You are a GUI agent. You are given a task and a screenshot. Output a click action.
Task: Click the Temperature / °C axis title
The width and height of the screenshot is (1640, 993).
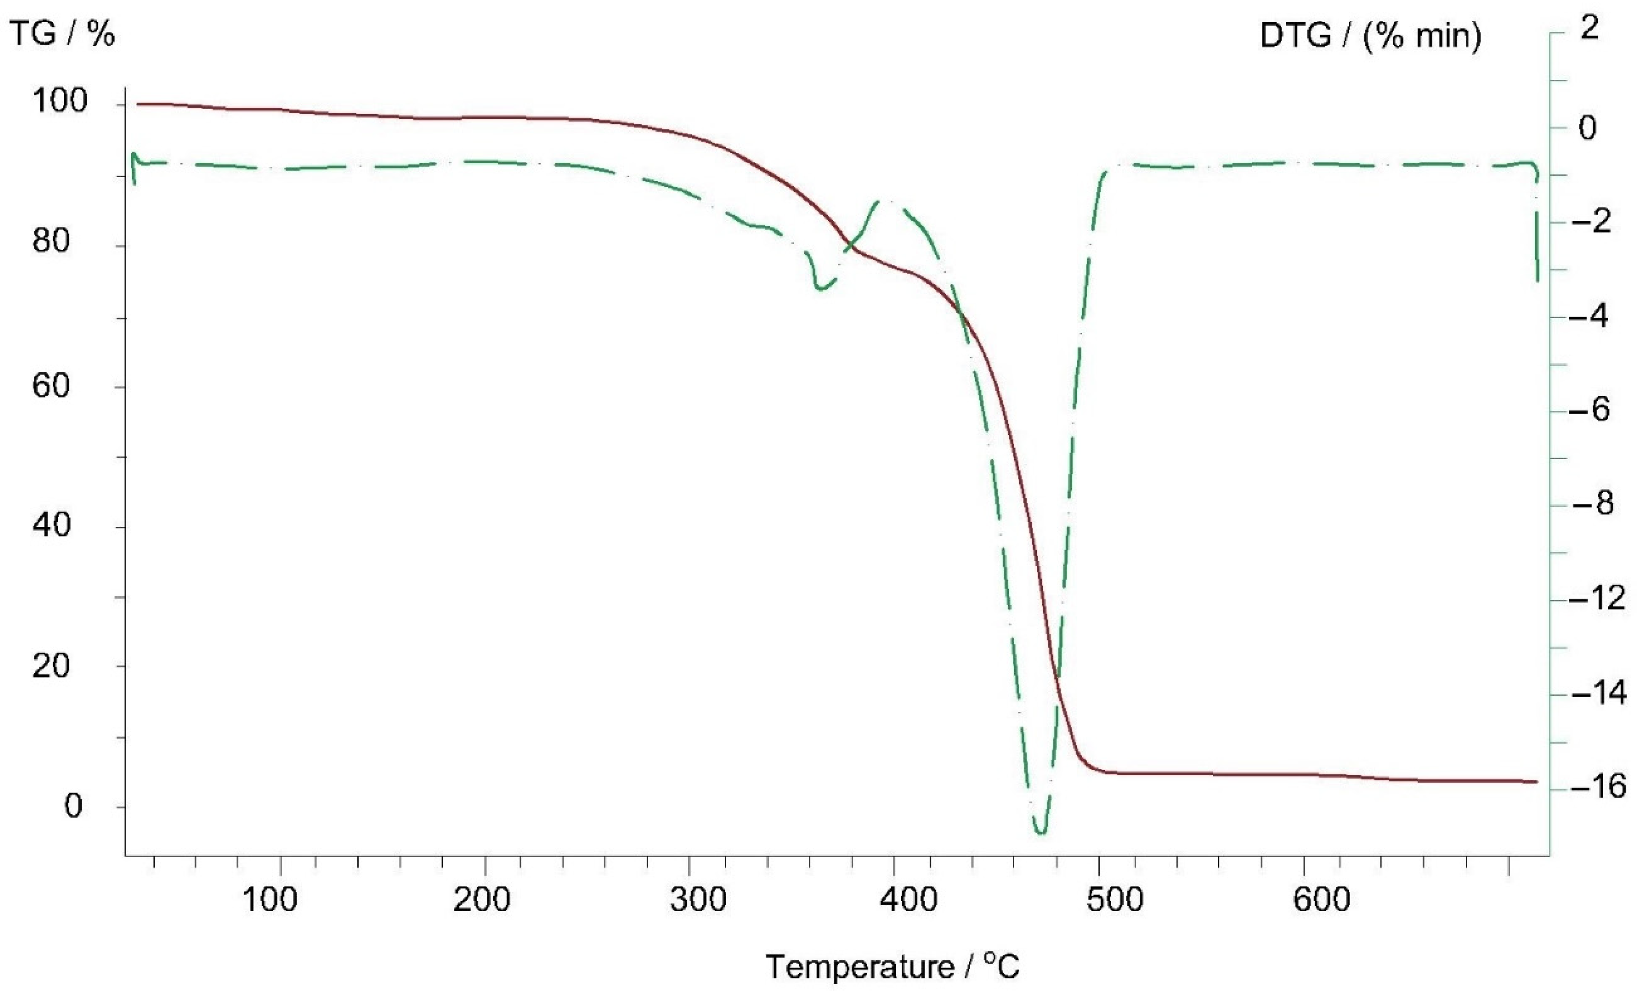click(x=893, y=966)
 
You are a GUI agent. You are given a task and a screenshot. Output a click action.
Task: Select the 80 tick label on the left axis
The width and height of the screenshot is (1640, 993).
click(x=50, y=241)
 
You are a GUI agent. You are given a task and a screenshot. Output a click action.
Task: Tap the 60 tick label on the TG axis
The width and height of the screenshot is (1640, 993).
click(x=50, y=386)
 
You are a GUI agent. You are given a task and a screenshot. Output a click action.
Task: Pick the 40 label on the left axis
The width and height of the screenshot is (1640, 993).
click(x=50, y=525)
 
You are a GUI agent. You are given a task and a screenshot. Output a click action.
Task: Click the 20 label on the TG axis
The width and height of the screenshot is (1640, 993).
click(x=50, y=666)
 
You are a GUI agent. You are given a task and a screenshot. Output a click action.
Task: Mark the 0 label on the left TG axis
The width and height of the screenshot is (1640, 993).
click(x=73, y=806)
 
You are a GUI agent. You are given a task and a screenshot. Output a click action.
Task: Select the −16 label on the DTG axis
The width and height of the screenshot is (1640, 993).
click(x=1596, y=787)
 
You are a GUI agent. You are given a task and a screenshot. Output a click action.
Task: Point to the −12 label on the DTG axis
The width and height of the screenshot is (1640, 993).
click(x=1596, y=598)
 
